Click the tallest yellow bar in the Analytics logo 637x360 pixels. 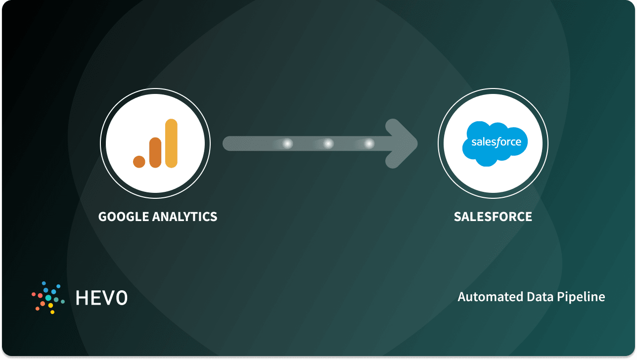171,143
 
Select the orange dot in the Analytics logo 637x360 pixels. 139,161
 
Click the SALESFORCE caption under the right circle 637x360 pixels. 493,217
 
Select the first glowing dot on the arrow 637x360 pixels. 287,144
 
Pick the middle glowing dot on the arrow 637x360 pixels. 328,144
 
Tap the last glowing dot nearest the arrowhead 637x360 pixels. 369,144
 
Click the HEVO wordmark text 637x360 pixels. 101,297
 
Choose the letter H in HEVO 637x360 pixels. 82,297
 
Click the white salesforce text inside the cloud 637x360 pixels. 496,142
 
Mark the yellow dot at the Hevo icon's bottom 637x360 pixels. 51,306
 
